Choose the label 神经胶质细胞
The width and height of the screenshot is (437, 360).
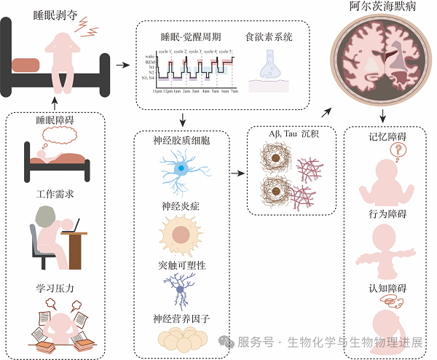(180, 138)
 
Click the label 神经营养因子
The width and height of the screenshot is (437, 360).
(180, 318)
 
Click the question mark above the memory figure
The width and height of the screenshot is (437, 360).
(397, 150)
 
